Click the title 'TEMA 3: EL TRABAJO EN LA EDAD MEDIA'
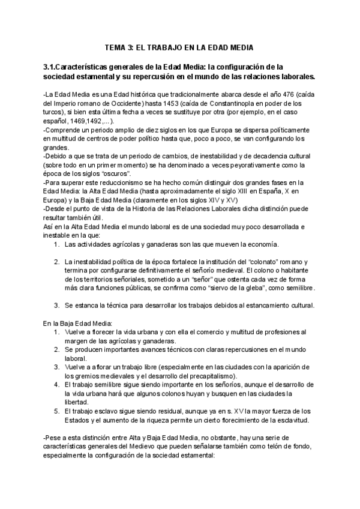(180, 47)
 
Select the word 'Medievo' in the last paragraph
(157, 447)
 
